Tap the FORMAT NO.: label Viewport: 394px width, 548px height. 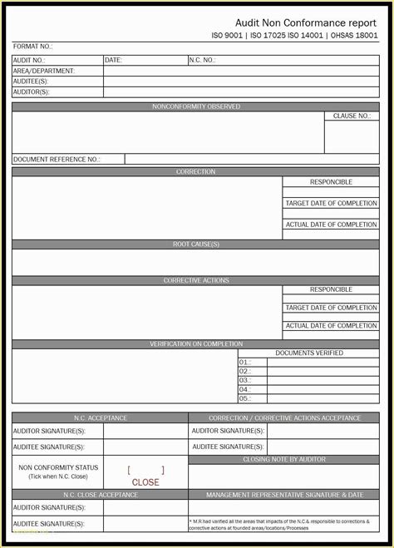click(33, 47)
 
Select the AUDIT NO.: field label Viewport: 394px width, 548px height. click(29, 60)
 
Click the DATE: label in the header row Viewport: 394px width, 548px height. click(114, 60)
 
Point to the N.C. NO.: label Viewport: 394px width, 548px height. click(203, 60)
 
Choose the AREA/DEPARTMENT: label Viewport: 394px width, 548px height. click(45, 71)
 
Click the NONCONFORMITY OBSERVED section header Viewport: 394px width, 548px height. click(196, 107)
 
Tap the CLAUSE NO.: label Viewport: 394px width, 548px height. click(352, 116)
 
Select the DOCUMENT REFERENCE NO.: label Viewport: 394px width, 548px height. click(57, 159)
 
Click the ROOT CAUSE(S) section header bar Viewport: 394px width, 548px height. click(196, 244)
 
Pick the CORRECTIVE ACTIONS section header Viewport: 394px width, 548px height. click(196, 281)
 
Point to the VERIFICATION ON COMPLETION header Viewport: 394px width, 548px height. click(196, 343)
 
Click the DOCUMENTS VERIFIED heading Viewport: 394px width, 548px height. click(308, 353)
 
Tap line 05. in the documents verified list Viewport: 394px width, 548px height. click(244, 398)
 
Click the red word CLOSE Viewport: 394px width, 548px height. click(145, 482)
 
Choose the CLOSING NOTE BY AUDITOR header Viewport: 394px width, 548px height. click(283, 459)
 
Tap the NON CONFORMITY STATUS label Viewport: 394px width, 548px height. click(58, 467)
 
